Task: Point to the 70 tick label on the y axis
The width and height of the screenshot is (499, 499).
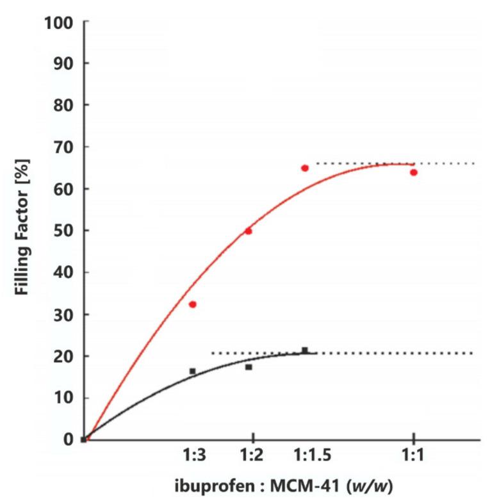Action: pyautogui.click(x=63, y=147)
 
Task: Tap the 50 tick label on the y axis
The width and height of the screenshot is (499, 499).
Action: pyautogui.click(x=63, y=231)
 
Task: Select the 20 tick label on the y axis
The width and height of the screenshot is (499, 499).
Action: pyautogui.click(x=63, y=356)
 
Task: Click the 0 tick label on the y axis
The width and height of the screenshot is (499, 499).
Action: pyautogui.click(x=67, y=439)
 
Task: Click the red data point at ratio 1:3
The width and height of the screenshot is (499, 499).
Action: pyautogui.click(x=192, y=304)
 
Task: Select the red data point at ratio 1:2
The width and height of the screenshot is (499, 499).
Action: pyautogui.click(x=249, y=231)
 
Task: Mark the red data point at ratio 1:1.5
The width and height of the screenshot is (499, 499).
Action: pyautogui.click(x=305, y=168)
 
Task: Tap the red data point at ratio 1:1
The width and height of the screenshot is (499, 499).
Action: pyautogui.click(x=414, y=172)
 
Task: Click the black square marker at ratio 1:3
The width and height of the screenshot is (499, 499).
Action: pyautogui.click(x=192, y=371)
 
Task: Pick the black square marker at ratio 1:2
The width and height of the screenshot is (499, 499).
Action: pyautogui.click(x=249, y=367)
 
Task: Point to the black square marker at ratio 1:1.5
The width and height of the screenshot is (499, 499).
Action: pyautogui.click(x=305, y=350)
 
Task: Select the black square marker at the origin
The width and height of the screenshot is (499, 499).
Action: pyautogui.click(x=84, y=439)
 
